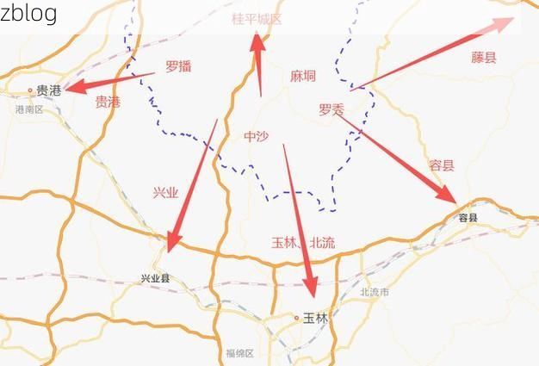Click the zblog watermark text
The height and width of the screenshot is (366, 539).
pos(28,13)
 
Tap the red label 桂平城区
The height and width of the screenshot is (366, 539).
pos(257,18)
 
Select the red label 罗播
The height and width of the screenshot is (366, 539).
pos(178,66)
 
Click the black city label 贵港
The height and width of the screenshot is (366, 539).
pos(49,90)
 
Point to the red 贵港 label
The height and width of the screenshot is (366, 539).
pos(108,102)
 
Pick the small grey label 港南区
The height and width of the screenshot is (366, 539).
pos(28,109)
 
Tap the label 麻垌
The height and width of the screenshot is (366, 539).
pos(302,76)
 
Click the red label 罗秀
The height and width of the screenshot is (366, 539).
pos(331,109)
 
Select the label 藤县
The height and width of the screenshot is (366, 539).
pos(484,58)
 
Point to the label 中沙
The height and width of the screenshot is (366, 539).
pos(257,136)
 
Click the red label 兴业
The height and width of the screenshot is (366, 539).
pos(164,193)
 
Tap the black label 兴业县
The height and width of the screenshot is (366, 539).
pos(156,278)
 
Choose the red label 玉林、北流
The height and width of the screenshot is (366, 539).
pos(303,243)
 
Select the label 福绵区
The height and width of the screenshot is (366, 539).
pos(239,353)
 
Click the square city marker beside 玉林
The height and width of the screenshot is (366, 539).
pos(295,317)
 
